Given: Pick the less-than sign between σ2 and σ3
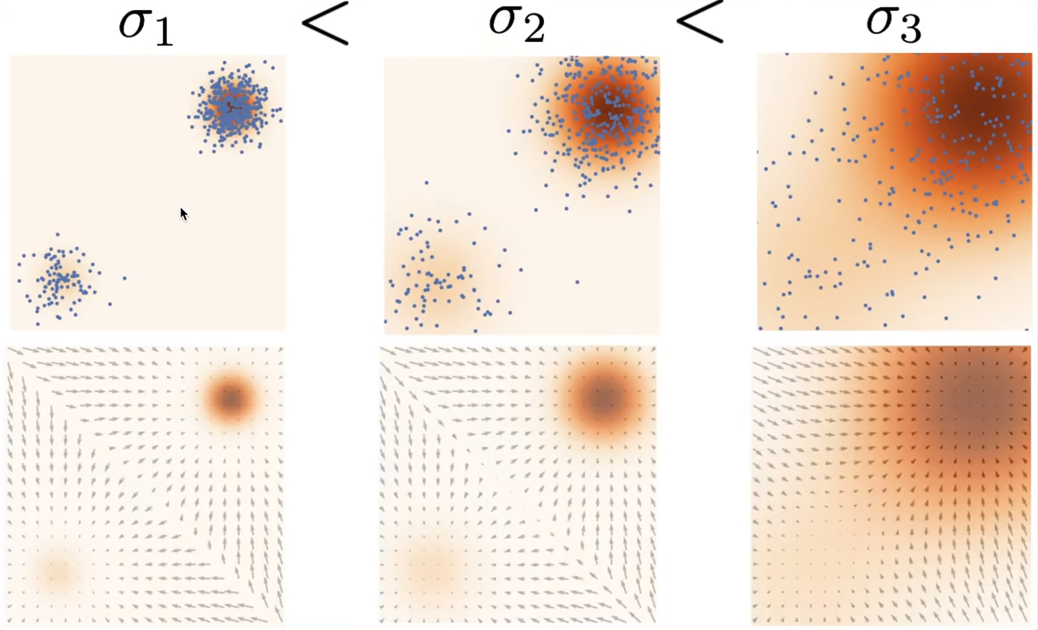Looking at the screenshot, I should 699,26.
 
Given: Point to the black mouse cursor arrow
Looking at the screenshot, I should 183,213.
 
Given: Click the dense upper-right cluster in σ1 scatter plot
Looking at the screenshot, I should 233,108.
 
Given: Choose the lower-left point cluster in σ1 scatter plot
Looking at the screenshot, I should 58,279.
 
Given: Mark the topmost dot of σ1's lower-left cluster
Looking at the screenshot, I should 57,235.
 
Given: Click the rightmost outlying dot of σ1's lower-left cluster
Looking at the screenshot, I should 125,278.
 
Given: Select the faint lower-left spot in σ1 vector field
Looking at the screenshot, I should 57,572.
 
